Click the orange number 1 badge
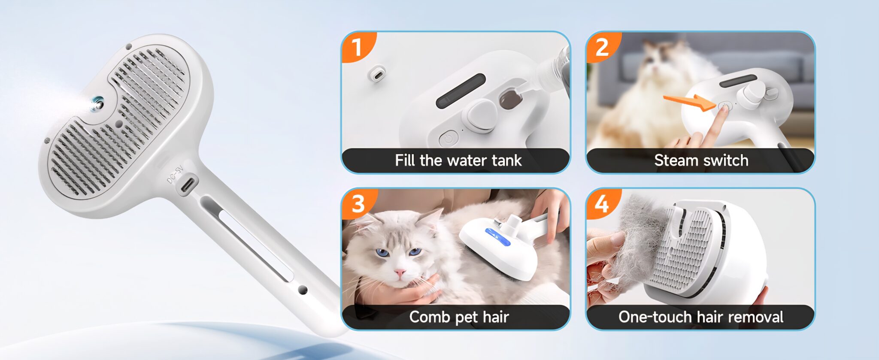coord(358,46)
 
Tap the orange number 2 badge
coord(602,46)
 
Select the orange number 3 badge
coord(358,203)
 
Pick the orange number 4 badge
coord(602,203)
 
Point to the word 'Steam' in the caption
coord(676,160)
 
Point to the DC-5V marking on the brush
coord(175,175)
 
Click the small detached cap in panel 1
coord(376,74)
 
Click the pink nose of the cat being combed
coord(400,272)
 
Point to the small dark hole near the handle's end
coord(303,290)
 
